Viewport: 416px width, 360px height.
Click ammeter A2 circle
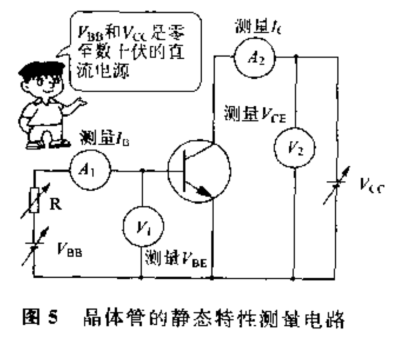[252, 57]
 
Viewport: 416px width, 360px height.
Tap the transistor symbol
[199, 170]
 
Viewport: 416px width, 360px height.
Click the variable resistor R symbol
[34, 200]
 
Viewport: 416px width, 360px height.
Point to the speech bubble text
[130, 53]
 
